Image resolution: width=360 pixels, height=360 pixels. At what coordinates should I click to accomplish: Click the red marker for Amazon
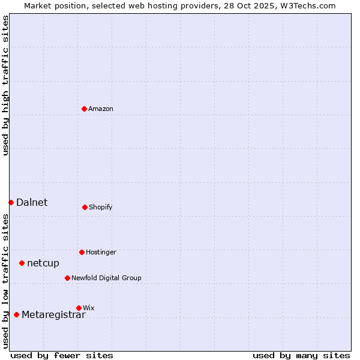pos(85,109)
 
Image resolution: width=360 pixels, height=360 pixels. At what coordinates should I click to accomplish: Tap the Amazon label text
pos(100,109)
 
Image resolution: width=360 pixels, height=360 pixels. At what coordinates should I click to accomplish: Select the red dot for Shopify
pos(85,207)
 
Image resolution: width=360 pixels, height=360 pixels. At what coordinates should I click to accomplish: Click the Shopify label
pos(100,208)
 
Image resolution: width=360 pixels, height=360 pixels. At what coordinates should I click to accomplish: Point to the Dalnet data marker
pos(11,202)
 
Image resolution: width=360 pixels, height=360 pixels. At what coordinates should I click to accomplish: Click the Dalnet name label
pos(32,203)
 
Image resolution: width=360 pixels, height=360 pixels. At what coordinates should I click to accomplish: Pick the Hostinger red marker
pos(82,252)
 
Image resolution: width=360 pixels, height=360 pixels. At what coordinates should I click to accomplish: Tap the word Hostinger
pos(101,253)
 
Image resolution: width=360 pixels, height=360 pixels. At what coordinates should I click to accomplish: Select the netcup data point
pos(22,263)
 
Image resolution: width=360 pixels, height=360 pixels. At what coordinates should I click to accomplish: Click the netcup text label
pos(43,263)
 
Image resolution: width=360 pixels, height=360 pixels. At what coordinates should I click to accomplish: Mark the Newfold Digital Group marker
pos(67,278)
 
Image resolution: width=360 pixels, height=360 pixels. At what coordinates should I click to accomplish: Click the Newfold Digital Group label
pos(106,278)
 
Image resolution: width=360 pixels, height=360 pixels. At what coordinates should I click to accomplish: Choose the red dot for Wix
pos(79,308)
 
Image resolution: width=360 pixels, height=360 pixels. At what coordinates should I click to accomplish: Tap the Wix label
pos(89,308)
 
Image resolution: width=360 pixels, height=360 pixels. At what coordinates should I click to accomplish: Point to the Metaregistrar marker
pos(16,314)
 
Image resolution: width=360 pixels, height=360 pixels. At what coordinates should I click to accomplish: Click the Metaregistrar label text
pos(53,316)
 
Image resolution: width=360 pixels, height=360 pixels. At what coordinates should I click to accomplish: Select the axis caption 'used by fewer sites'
pos(62,355)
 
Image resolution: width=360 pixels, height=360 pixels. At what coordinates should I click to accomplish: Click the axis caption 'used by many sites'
pos(301,355)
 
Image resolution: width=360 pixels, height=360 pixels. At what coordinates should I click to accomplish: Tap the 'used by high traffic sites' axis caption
pos(5,85)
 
